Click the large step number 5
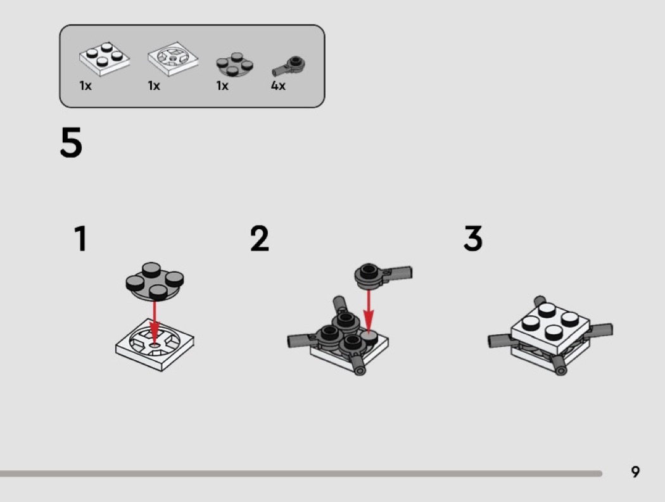71,142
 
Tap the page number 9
635,472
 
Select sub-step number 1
80,238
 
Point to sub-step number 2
260,238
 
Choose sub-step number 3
473,238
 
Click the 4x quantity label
278,85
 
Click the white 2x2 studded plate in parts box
104,59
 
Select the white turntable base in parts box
173,59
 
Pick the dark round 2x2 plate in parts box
234,65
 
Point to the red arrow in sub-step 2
369,311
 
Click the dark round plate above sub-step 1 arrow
155,281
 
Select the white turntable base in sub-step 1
155,345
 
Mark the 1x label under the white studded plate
85,85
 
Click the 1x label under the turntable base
154,85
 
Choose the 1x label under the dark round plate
222,85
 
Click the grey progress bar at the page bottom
301,473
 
